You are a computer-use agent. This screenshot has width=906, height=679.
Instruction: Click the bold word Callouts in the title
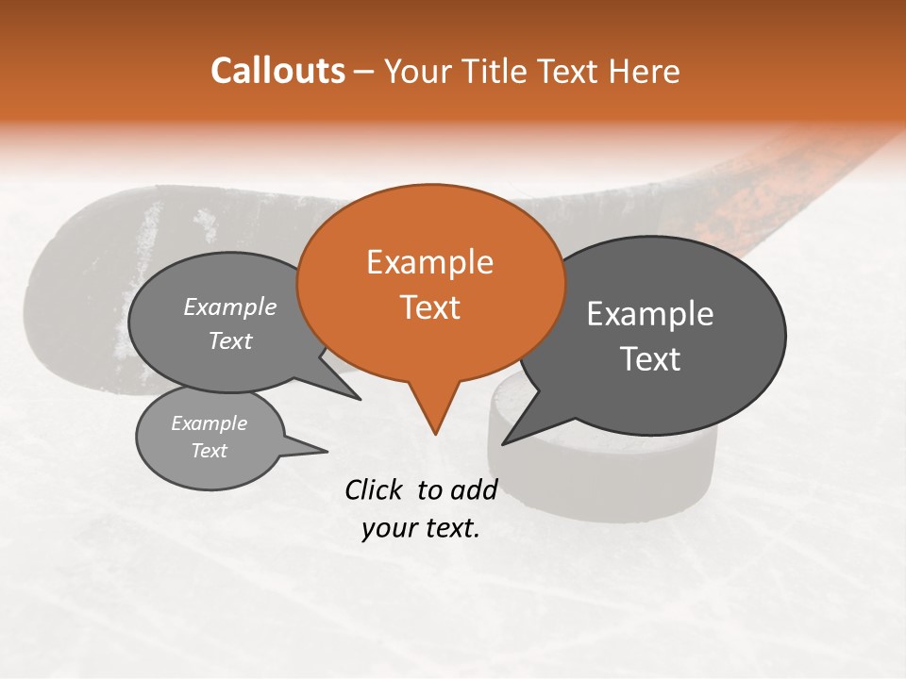click(277, 71)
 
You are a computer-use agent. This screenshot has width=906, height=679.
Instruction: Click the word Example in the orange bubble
click(429, 262)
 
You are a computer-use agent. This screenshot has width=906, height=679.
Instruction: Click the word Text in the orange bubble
click(430, 307)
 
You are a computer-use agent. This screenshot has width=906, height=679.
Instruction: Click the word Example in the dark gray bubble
click(650, 314)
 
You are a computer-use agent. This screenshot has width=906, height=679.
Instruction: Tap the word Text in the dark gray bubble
click(650, 359)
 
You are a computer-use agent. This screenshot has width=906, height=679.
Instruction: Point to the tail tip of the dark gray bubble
click(503, 443)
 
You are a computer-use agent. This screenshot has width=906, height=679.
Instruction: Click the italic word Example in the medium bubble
click(230, 307)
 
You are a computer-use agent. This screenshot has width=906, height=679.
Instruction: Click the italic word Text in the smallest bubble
click(210, 451)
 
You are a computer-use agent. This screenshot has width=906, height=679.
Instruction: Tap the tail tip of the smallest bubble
click(327, 451)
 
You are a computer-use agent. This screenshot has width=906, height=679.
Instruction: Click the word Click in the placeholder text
click(376, 489)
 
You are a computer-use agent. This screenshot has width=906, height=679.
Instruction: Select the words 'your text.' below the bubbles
click(421, 529)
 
